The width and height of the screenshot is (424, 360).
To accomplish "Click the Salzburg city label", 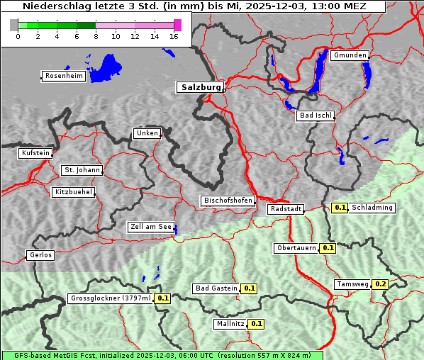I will (200, 87).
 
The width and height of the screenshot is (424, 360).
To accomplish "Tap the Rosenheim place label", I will (62, 76).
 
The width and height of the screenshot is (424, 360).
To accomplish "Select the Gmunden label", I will (350, 55).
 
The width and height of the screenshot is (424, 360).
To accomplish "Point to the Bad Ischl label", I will (315, 116).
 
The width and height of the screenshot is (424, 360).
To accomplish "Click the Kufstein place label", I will (35, 153).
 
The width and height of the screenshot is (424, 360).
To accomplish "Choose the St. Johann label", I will (82, 170).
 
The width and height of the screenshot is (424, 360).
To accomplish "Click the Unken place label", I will (147, 133).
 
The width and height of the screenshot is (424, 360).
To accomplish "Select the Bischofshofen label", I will (228, 201).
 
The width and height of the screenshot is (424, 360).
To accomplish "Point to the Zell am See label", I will (151, 227).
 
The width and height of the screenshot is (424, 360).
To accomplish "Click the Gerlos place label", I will (40, 255).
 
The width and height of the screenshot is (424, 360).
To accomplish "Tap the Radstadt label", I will (286, 209).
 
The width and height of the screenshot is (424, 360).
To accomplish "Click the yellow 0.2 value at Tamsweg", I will (381, 284).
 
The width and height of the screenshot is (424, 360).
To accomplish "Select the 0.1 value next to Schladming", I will (340, 208).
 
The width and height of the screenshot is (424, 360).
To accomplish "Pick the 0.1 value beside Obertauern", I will (328, 248).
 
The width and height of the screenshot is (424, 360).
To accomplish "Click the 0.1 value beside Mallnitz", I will (256, 324).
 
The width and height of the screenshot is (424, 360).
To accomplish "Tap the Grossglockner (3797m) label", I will (111, 298).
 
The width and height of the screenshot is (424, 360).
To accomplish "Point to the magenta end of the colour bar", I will (177, 26).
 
